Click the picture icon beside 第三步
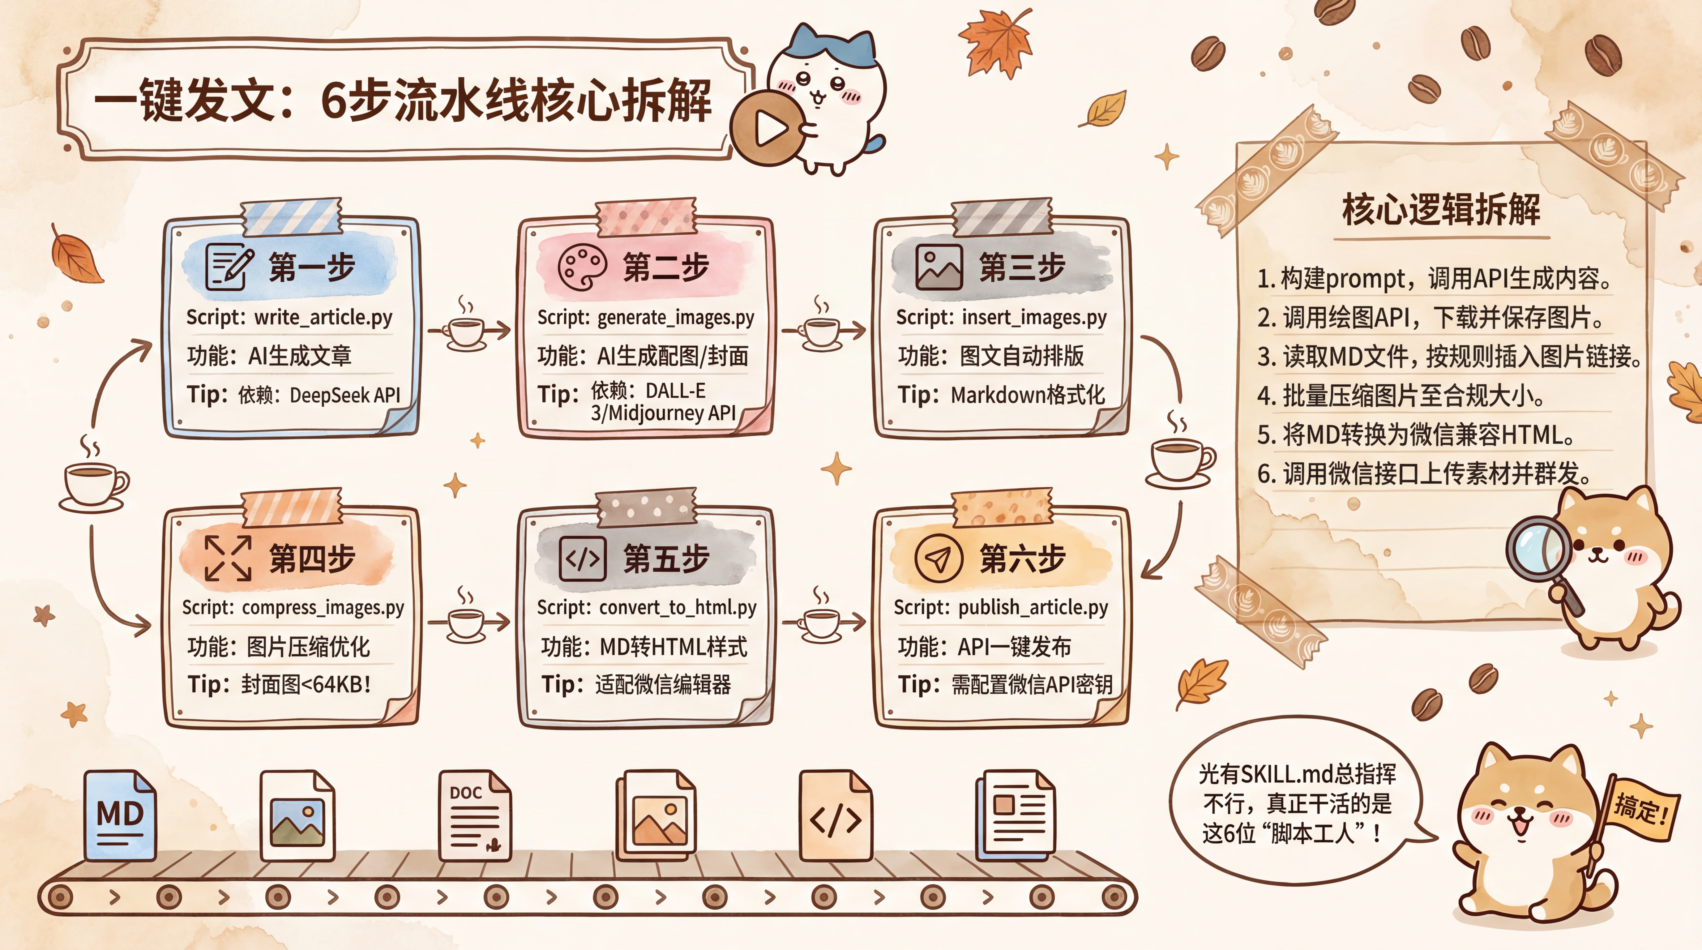938,267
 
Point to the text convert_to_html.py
678,607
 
